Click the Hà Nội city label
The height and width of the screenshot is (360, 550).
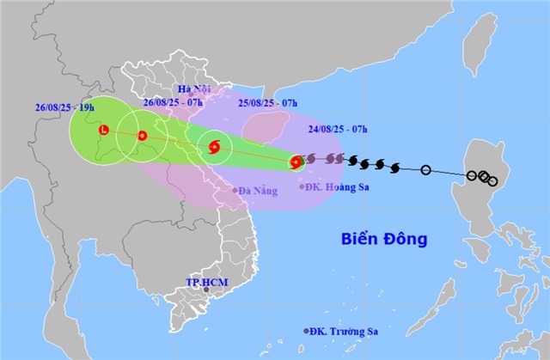(193, 88)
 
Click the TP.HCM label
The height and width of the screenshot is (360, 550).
(204, 282)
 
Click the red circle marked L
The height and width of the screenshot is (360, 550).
(104, 131)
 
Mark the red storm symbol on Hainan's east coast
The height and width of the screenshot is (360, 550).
(296, 161)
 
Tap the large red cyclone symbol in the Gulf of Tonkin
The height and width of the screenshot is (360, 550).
(214, 148)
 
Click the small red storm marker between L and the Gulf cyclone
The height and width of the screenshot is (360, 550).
(143, 136)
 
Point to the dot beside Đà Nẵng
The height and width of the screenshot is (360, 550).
(235, 190)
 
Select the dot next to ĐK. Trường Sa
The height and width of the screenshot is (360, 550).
(306, 331)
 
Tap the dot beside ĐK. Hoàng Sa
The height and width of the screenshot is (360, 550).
(301, 186)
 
